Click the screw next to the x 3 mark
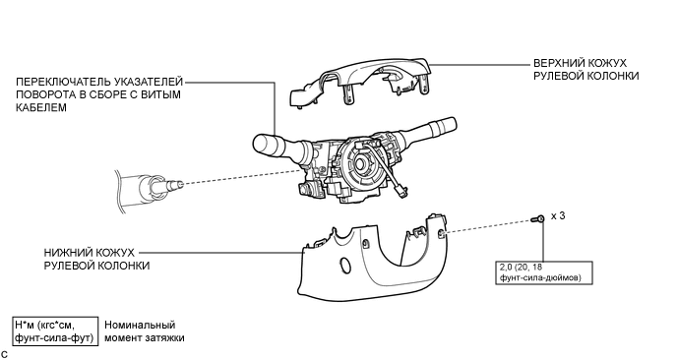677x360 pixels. point(538,219)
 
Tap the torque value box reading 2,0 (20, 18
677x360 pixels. point(544,272)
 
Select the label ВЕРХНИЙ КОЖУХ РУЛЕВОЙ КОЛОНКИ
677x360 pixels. point(585,70)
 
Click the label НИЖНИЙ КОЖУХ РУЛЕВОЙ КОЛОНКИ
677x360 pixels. point(96,259)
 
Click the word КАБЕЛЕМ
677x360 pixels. point(41,107)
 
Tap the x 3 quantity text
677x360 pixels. point(558,215)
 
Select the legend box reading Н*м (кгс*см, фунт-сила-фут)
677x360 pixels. point(54,331)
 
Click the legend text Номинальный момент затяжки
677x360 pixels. point(145,331)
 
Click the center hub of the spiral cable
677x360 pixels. point(361,163)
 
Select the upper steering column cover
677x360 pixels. point(361,82)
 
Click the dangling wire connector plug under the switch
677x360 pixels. point(400,195)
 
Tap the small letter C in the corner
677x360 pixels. point(4,355)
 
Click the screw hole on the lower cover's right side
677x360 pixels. point(441,234)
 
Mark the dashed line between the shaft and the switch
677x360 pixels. point(241,177)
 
